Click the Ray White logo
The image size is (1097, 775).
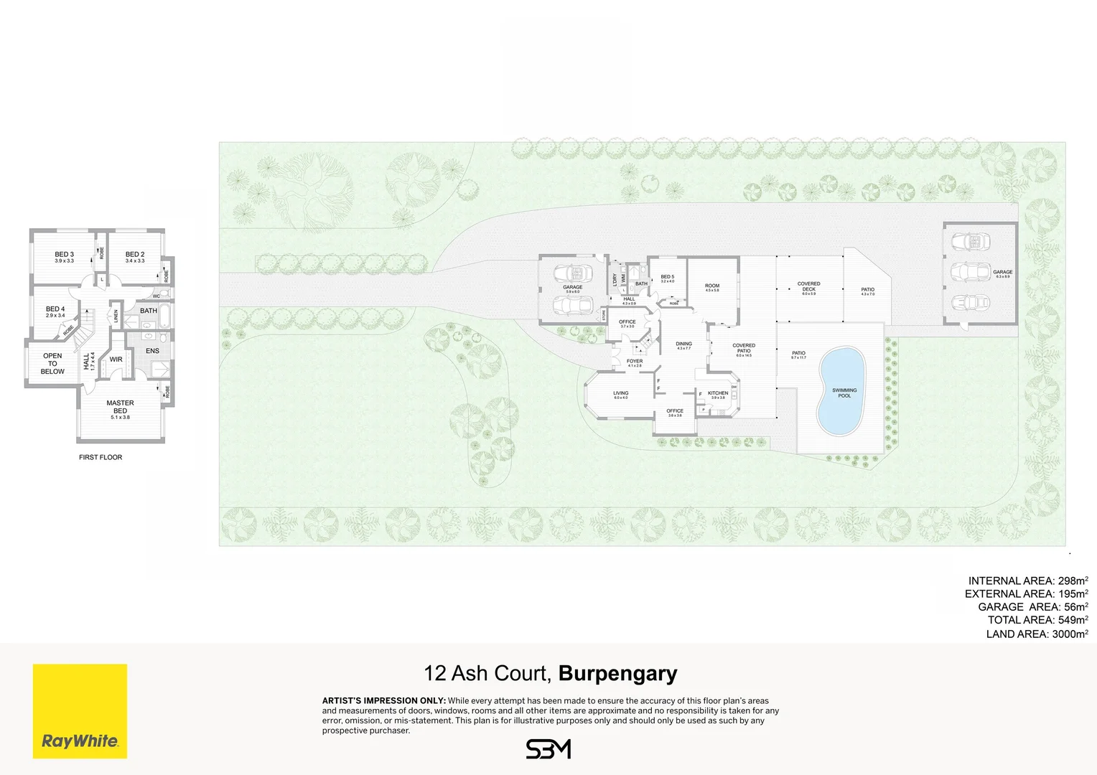click(80, 710)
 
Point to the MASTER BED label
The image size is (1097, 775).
click(120, 407)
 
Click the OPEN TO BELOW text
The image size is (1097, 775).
click(52, 363)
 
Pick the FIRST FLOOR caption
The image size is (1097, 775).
click(101, 457)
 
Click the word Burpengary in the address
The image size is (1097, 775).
click(617, 673)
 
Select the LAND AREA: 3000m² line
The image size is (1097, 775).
click(1037, 634)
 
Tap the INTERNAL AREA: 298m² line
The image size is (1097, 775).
click(1027, 581)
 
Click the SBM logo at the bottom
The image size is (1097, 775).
click(548, 749)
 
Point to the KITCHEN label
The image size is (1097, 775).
click(718, 393)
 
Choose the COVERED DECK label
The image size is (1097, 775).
click(808, 286)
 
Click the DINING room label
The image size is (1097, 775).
click(683, 344)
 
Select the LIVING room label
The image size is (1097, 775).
click(621, 393)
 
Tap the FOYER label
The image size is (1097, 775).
click(635, 362)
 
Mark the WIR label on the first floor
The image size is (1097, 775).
click(116, 360)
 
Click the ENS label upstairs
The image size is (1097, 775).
click(152, 351)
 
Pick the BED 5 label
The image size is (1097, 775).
click(668, 277)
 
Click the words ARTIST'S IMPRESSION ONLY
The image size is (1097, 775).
click(383, 700)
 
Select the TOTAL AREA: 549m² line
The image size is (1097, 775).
click(1037, 620)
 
